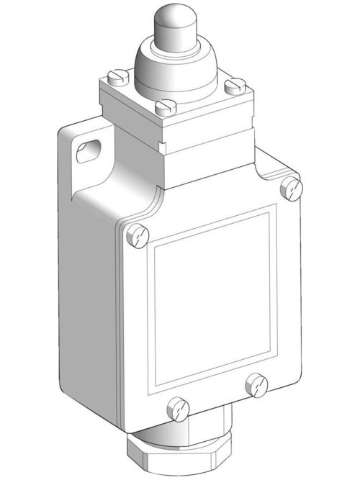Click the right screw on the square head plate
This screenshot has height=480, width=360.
(232, 86)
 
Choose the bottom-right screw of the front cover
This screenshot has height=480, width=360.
(257, 384)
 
